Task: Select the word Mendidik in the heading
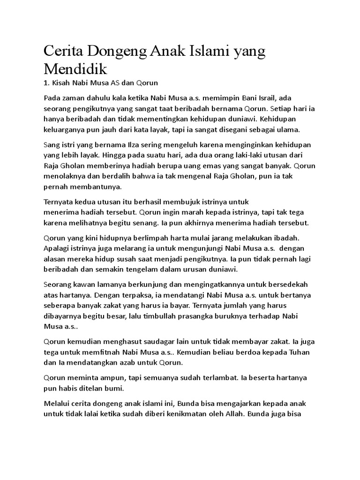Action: [x=75, y=69]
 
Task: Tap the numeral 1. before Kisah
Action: [x=46, y=83]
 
